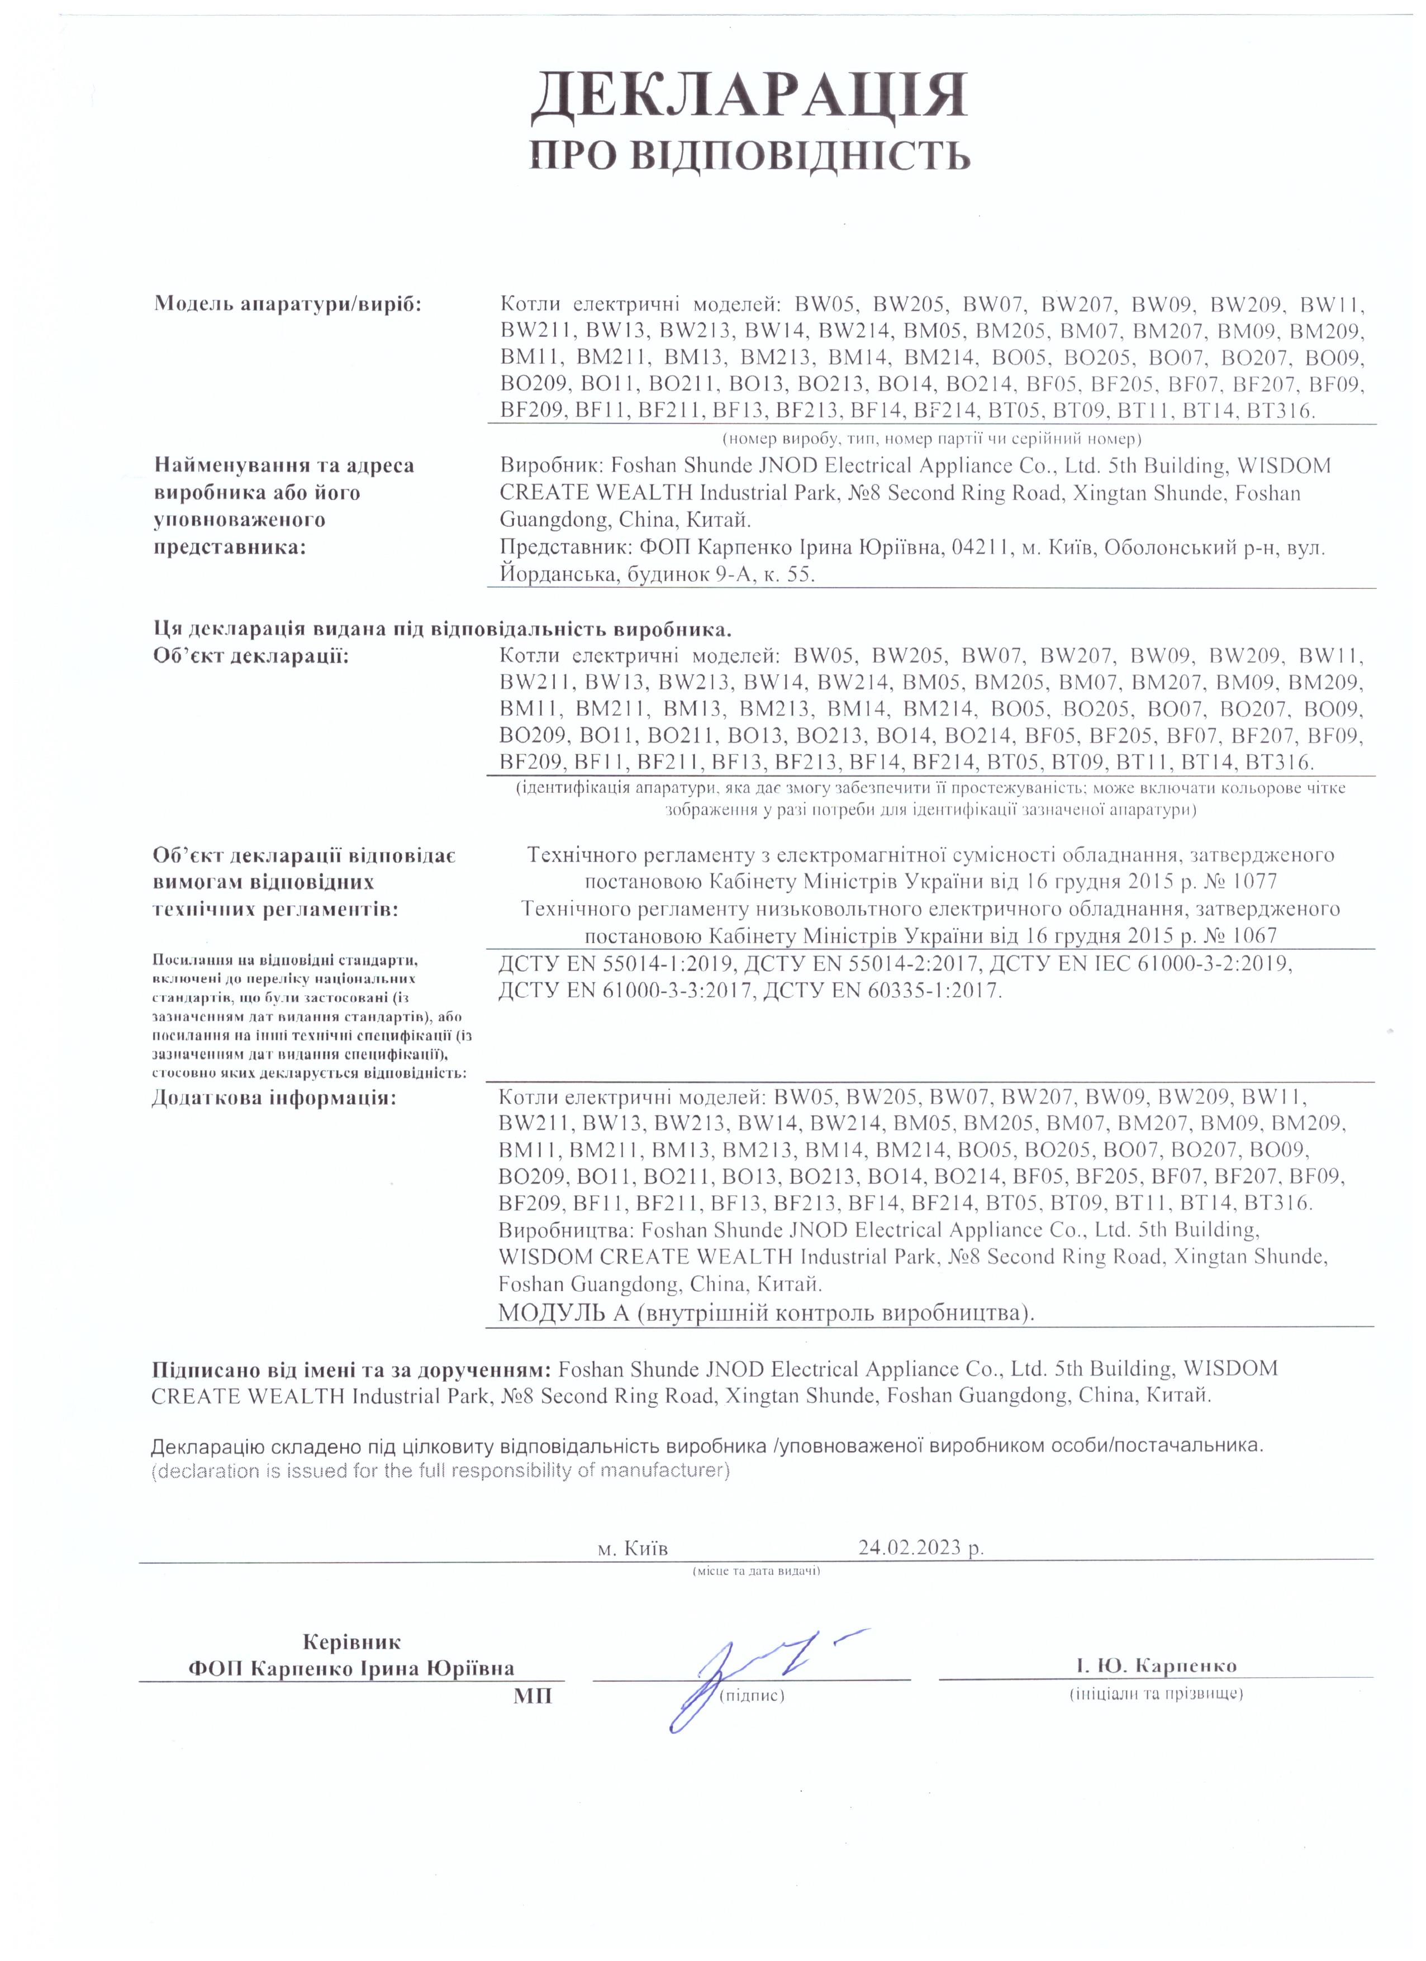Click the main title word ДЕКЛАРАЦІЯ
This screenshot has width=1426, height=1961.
point(748,96)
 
